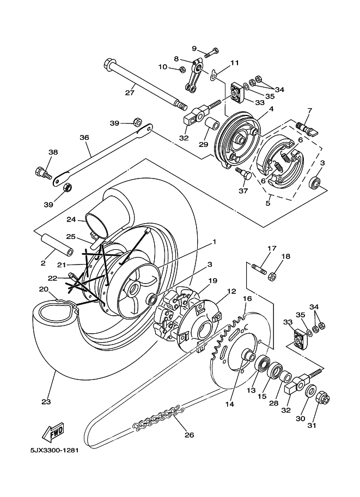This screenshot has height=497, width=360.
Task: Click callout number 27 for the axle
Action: point(129,93)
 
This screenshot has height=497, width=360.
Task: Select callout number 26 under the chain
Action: point(189,434)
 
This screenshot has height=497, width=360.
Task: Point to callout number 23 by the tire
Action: point(45,402)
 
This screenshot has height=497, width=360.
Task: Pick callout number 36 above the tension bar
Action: point(84,138)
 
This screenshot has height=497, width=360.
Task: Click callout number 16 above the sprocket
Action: point(247,299)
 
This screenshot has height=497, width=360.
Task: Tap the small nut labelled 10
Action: point(182,69)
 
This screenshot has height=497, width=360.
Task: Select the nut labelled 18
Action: point(273,276)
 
